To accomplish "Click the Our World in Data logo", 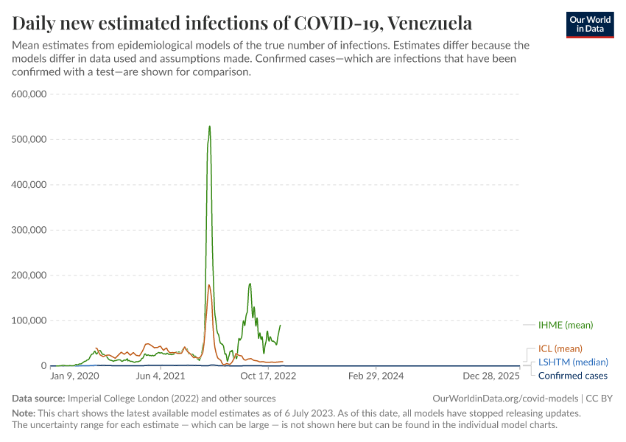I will [589, 24].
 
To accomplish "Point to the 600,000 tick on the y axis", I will [29, 94].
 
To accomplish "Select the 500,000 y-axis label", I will [29, 139].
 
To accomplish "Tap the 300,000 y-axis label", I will [29, 230].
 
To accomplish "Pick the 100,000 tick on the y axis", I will [29, 320].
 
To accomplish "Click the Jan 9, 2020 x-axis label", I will [74, 376].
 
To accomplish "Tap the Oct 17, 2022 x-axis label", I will [269, 376].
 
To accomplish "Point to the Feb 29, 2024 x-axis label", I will [376, 376].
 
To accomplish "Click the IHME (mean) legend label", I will [565, 325].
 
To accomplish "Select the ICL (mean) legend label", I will [560, 348].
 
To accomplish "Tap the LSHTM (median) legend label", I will [573, 362].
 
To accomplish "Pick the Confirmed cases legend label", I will [572, 376].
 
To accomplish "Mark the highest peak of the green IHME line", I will [210, 126].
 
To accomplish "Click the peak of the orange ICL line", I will [209, 285].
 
